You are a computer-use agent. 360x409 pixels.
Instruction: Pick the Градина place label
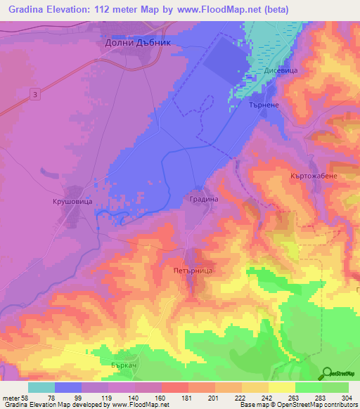[204, 200]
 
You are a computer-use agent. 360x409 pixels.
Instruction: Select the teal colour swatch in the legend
[41, 387]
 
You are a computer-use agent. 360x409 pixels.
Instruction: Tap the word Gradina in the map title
[27, 10]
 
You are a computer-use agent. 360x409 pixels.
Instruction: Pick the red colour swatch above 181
[175, 387]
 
